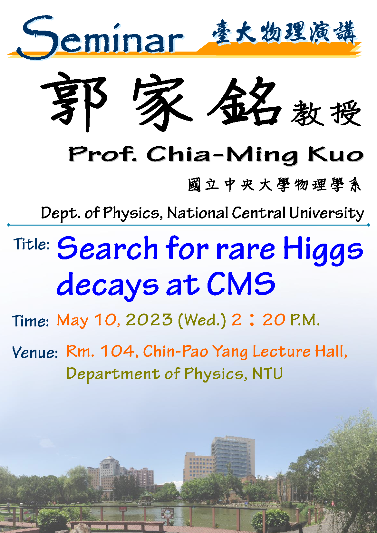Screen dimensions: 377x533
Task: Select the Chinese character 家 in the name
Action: (x=162, y=102)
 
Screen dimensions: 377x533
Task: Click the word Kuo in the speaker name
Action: (x=336, y=154)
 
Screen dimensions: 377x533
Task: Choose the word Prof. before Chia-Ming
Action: (x=102, y=154)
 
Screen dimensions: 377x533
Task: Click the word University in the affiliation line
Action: (x=327, y=213)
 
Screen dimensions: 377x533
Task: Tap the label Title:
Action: (x=31, y=244)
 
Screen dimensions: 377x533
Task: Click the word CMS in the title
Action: (x=241, y=284)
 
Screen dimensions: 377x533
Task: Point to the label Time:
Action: (x=30, y=321)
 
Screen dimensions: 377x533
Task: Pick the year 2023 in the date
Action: (x=149, y=320)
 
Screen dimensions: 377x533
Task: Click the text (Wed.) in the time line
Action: (x=202, y=321)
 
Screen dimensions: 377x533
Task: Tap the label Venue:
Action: (x=35, y=353)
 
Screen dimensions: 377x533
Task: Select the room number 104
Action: (x=118, y=351)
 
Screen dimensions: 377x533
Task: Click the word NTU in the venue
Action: (x=268, y=373)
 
